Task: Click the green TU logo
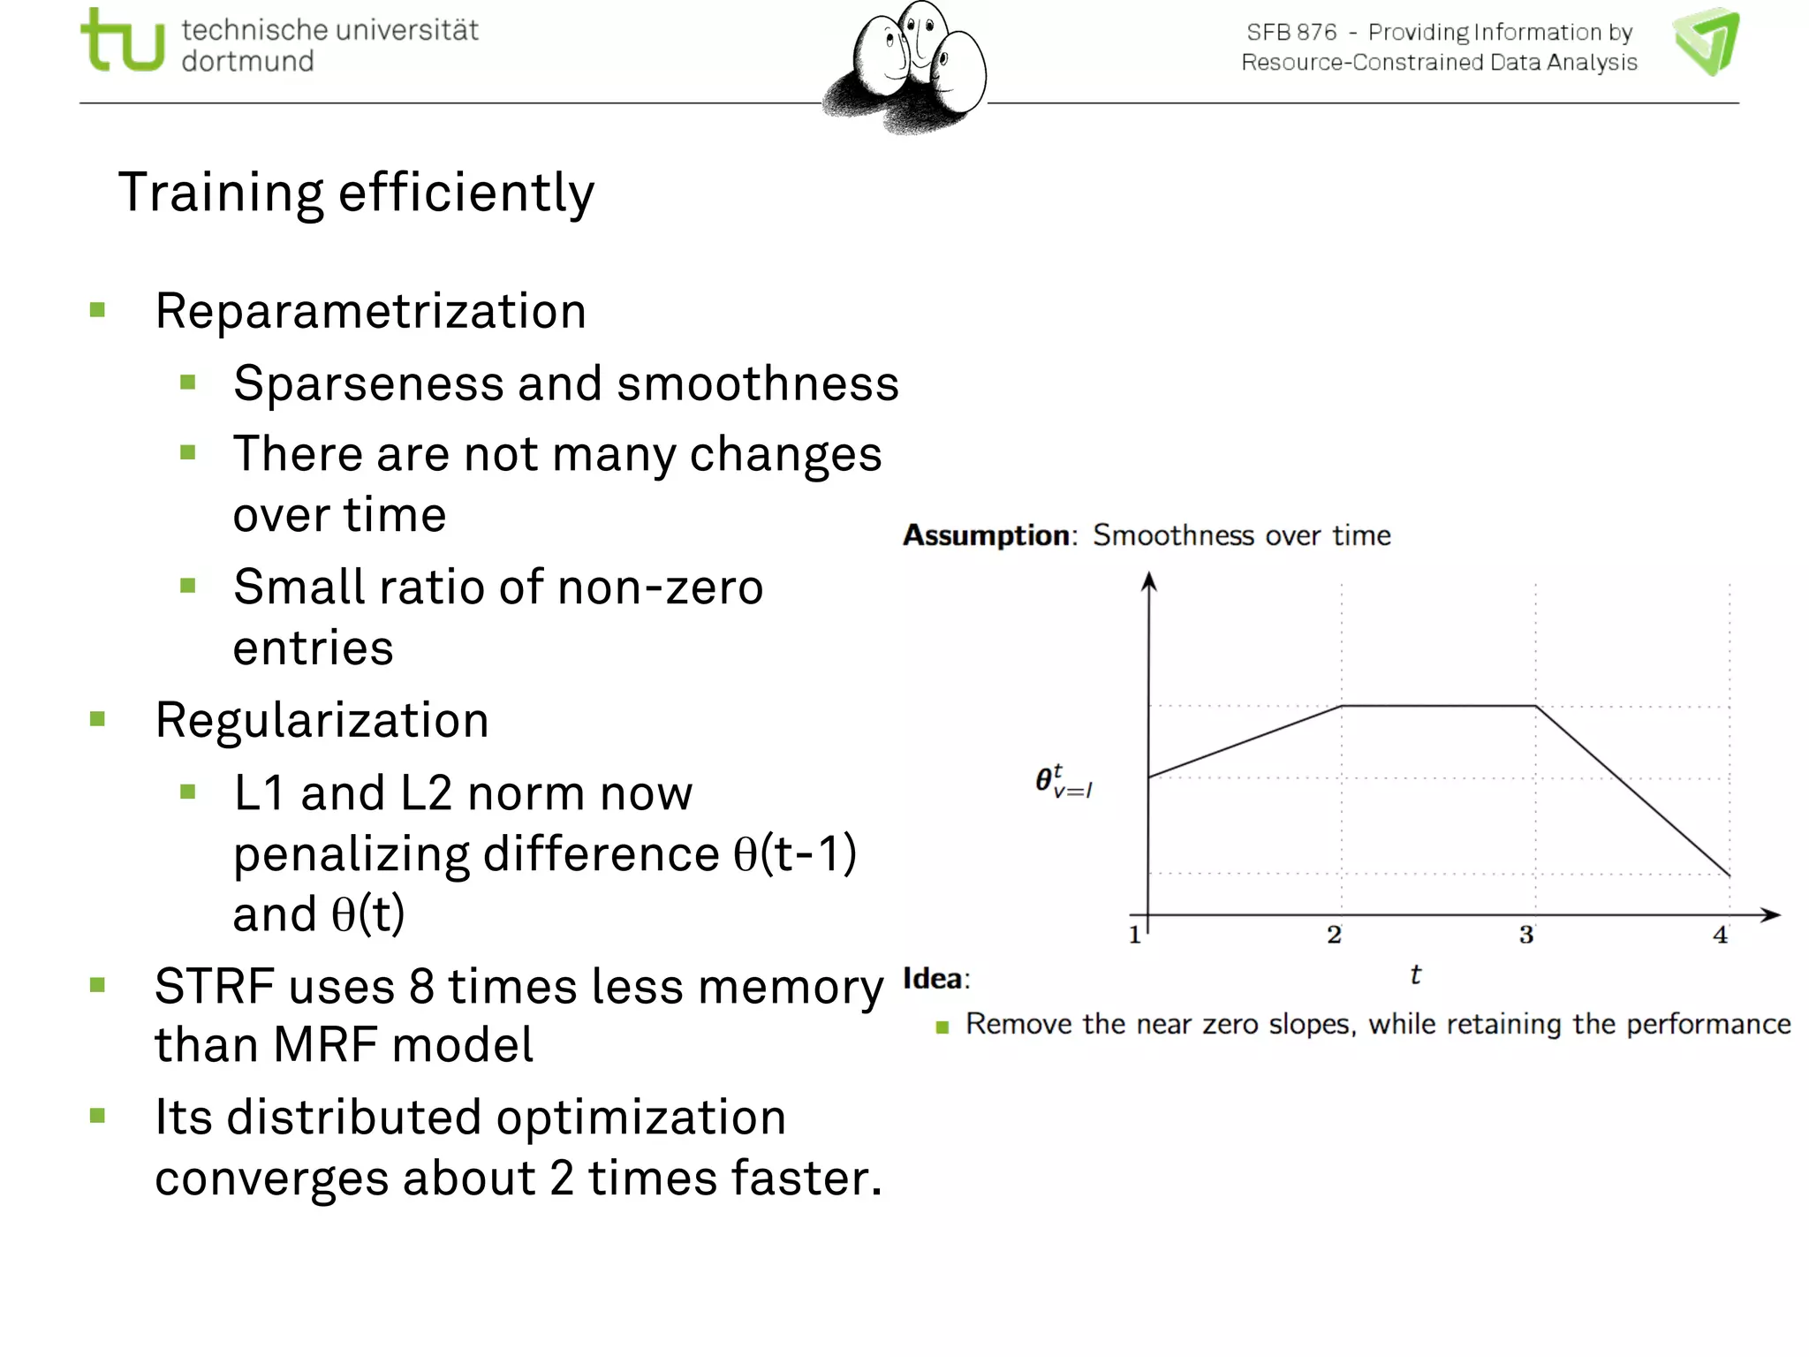(123, 41)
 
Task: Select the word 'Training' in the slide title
(221, 193)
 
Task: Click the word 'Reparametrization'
(370, 311)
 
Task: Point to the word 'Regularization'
(322, 720)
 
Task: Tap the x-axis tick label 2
(1334, 935)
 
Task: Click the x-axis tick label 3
(1526, 935)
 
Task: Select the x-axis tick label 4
(1721, 935)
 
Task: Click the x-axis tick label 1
(1135, 935)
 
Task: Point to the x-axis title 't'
(1415, 975)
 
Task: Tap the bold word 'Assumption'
(986, 535)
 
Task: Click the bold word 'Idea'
(933, 979)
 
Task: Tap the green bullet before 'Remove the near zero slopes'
(942, 1027)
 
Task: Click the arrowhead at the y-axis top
(1148, 580)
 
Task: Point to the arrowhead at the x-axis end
(1770, 915)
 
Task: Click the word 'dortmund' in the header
(247, 62)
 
